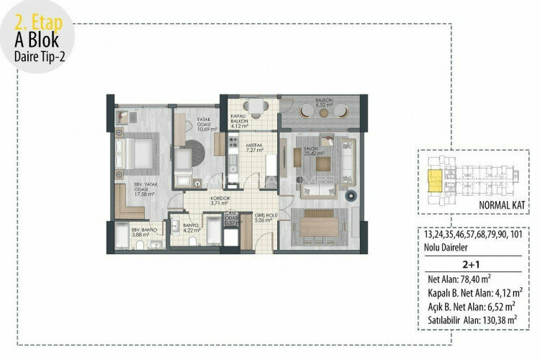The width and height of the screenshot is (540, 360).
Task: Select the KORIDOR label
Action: coord(199,199)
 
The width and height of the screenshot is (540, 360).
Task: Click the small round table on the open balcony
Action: coord(320,112)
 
